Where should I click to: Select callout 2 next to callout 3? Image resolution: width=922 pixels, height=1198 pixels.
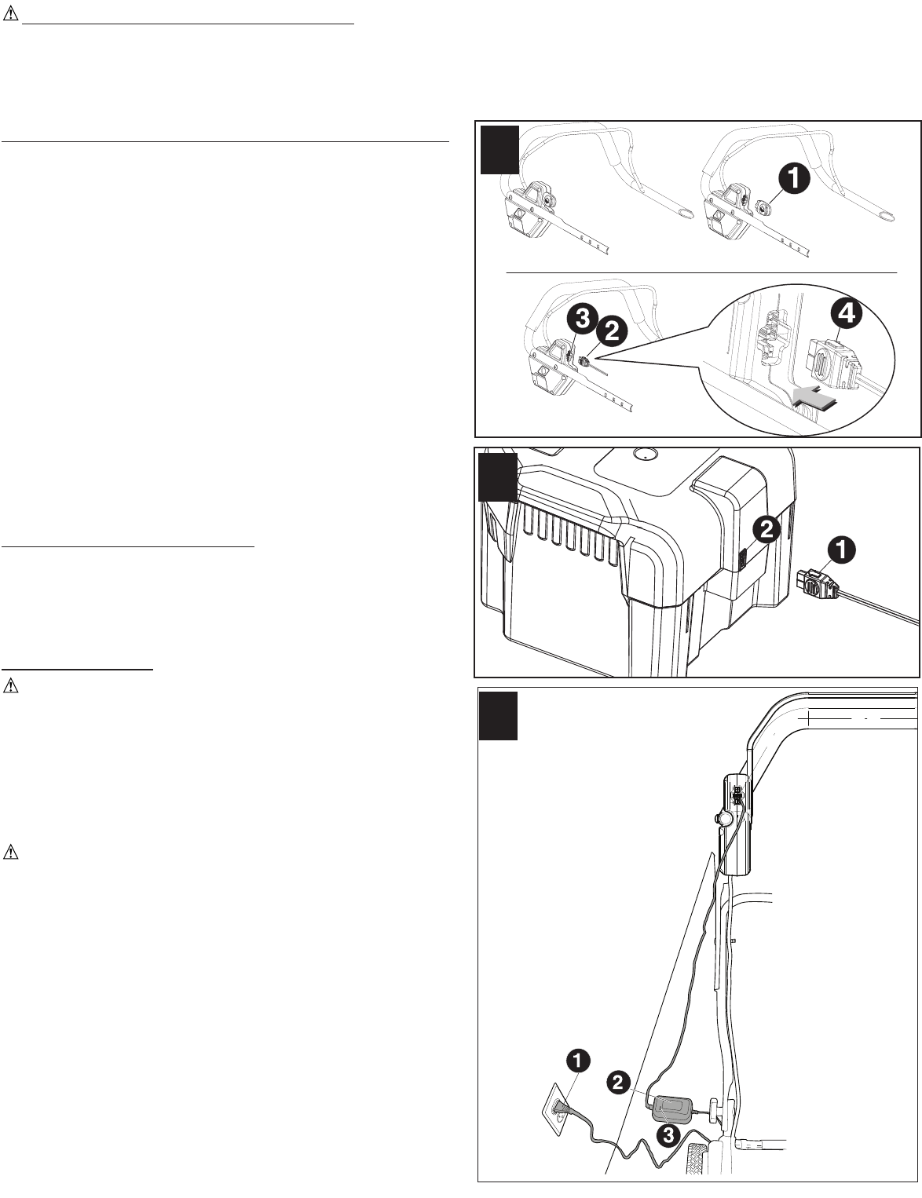[611, 332]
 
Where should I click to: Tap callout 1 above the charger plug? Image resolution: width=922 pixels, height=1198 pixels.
[840, 552]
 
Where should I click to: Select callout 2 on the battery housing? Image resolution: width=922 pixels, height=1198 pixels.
[766, 531]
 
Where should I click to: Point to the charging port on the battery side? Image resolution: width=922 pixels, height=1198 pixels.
[742, 560]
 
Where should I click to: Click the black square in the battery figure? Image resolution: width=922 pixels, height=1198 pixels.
[498, 477]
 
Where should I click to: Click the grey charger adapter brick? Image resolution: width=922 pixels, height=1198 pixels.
[671, 1109]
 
